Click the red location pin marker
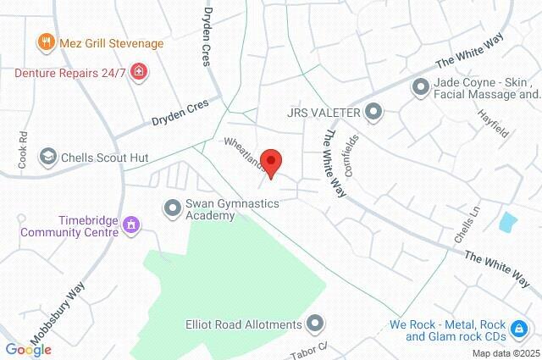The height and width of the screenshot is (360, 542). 271,160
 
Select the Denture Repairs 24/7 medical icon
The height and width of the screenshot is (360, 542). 139,73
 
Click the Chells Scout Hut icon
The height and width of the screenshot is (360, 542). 48,157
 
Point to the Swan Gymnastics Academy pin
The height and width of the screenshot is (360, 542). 172,206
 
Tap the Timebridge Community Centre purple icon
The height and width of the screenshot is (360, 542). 130,224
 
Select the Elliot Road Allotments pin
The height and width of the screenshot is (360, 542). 315,324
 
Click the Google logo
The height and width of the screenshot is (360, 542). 28,349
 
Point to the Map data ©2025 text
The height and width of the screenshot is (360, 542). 505,353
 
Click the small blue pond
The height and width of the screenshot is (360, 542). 508,223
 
